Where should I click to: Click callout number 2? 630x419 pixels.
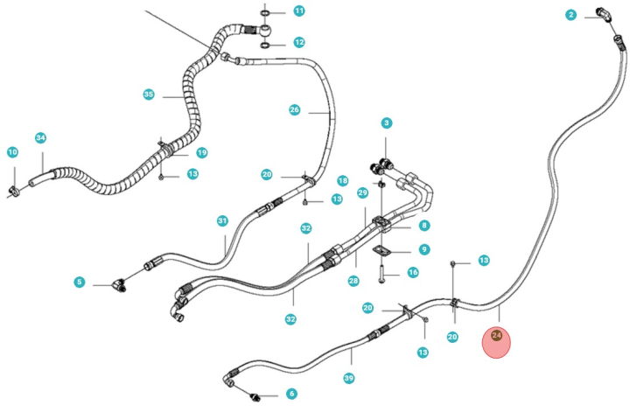(x=570, y=15)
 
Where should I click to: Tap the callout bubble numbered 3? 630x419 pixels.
(x=386, y=123)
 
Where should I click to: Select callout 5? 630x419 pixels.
(x=79, y=282)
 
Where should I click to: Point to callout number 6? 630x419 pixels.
(x=291, y=395)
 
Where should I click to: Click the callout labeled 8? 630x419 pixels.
(x=423, y=226)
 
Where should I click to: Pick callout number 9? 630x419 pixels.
(x=423, y=249)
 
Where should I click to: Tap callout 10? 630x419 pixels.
(x=12, y=153)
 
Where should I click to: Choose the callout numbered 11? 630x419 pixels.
(x=298, y=11)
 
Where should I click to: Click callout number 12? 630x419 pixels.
(x=298, y=42)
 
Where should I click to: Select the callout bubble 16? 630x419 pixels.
(x=413, y=273)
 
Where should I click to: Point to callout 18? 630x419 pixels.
(x=342, y=180)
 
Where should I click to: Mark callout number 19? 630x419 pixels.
(x=201, y=153)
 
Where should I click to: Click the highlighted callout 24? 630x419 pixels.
(x=496, y=335)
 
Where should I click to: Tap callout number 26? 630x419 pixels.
(x=295, y=110)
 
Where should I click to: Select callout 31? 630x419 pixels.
(x=222, y=221)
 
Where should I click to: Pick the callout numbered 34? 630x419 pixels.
(x=40, y=138)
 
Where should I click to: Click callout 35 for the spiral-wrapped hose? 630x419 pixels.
(x=148, y=94)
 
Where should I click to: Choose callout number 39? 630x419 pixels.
(x=349, y=378)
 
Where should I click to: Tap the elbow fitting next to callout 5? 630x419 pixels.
(x=115, y=284)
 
